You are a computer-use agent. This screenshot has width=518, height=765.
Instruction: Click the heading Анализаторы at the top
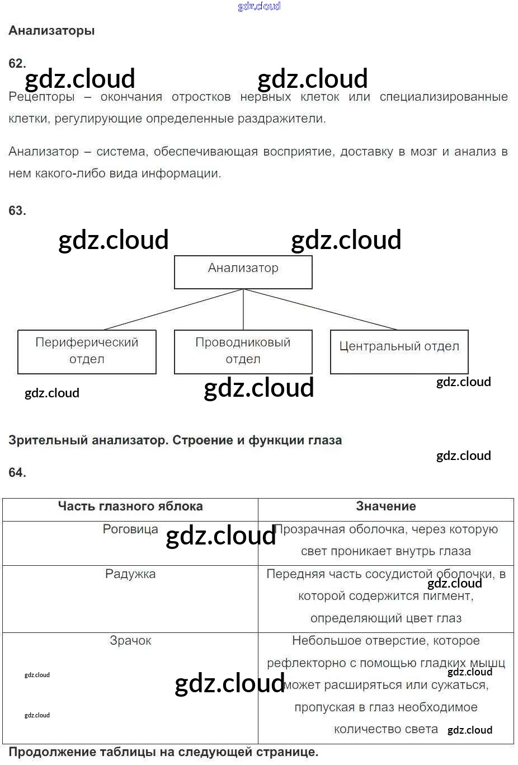tap(51, 31)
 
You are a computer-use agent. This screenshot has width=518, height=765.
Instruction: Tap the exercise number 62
tap(17, 63)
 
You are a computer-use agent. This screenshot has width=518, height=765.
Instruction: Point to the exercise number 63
tap(17, 210)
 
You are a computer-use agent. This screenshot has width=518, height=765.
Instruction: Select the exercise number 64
tap(17, 472)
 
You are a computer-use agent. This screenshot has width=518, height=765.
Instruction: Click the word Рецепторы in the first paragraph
tap(41, 97)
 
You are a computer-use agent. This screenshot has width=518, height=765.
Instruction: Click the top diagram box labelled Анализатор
tap(243, 272)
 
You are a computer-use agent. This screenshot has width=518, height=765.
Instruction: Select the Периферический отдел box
tap(87, 351)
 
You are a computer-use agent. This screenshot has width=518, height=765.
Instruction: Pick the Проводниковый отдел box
tap(243, 351)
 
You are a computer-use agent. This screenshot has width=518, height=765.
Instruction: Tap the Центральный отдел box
tap(399, 351)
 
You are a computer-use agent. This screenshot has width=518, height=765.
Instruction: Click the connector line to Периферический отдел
tap(173, 309)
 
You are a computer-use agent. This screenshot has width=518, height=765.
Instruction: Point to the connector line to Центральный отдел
tap(320, 309)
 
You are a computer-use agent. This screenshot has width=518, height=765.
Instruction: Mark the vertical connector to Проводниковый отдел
tap(243, 309)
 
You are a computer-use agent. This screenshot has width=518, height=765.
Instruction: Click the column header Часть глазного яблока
tap(130, 506)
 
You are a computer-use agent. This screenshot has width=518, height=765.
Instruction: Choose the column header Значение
tap(386, 506)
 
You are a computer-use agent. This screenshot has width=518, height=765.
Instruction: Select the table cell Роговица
tap(130, 529)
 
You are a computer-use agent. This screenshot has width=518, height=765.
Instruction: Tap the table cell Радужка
tap(130, 574)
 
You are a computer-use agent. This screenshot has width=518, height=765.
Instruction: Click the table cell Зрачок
tap(130, 641)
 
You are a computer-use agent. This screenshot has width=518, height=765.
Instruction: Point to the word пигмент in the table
tap(449, 596)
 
